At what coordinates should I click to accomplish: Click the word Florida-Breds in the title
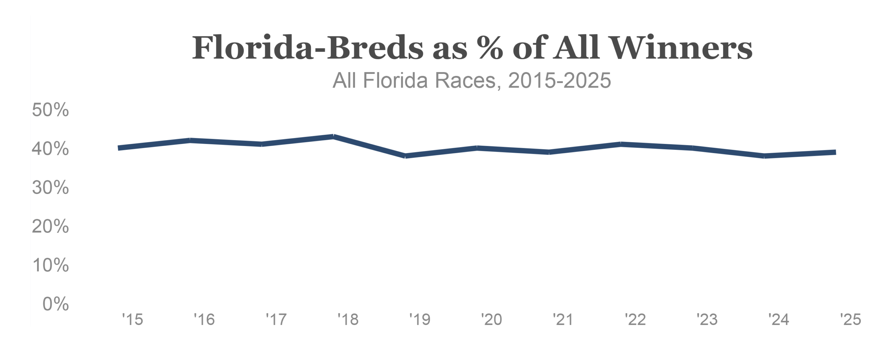point(308,48)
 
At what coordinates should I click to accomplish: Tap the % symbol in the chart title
point(490,48)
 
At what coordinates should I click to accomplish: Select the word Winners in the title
point(681,48)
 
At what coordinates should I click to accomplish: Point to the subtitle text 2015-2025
point(559,81)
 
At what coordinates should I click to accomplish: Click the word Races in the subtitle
point(465,81)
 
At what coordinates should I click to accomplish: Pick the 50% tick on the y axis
point(50,110)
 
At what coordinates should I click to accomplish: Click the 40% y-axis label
point(50,149)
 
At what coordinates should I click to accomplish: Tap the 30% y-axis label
point(50,188)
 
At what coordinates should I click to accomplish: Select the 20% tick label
point(50,227)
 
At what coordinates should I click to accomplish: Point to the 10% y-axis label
point(50,265)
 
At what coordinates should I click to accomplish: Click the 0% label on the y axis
point(56,304)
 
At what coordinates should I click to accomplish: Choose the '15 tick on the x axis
point(133,319)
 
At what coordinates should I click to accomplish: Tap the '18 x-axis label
point(348,319)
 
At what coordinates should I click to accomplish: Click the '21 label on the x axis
point(563,319)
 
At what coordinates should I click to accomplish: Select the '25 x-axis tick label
point(850,319)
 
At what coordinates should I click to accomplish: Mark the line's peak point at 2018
point(334,136)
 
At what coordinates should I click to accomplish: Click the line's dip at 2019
point(405,156)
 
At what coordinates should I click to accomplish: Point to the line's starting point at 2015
point(119,148)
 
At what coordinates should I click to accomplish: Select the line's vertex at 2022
point(621,144)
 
